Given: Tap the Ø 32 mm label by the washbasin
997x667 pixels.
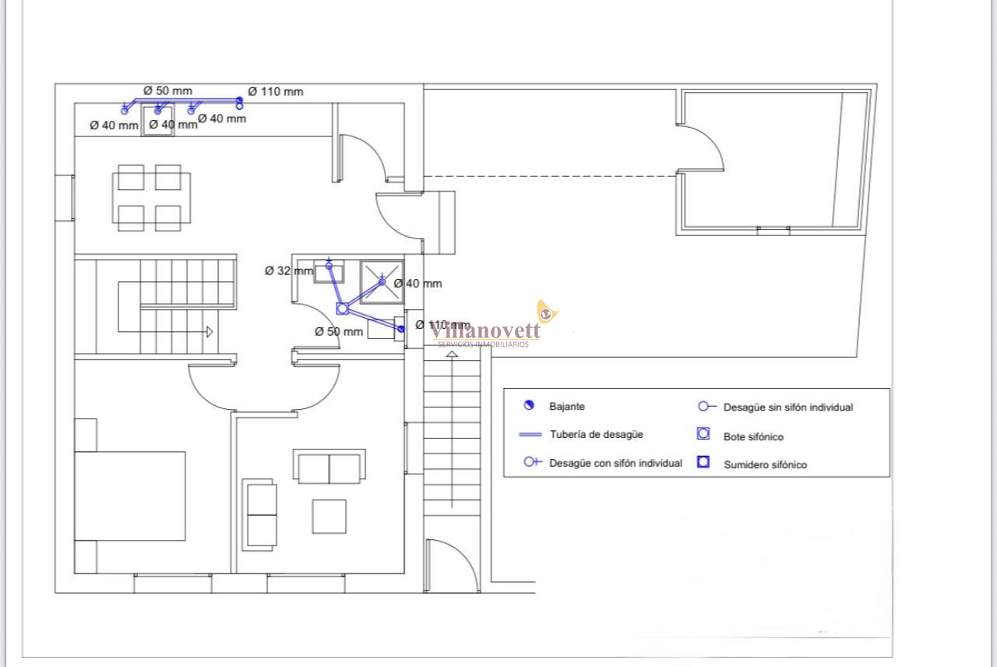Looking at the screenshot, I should [288, 271].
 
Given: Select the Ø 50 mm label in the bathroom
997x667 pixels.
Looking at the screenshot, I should [339, 331].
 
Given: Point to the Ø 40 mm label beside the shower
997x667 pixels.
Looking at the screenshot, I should [417, 284].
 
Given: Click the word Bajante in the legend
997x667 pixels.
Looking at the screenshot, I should [566, 406].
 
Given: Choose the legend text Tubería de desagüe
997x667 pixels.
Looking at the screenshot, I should [597, 434].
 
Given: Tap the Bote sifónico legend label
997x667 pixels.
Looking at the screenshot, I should [753, 436].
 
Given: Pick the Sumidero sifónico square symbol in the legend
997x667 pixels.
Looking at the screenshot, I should [703, 462].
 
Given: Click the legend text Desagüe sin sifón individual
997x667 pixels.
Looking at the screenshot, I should [787, 407].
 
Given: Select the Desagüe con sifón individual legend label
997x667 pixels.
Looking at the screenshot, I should [615, 463].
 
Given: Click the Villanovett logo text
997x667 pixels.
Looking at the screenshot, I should [485, 330].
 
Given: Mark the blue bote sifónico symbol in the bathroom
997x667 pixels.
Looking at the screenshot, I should [342, 309].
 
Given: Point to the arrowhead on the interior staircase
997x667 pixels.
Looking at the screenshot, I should [210, 331].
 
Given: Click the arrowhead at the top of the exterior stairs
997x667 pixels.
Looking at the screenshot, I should [452, 355].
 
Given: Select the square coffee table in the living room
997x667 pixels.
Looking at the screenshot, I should [329, 516].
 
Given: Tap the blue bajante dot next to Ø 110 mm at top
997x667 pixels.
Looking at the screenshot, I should [239, 101].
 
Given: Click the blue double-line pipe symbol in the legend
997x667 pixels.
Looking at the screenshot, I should [530, 434].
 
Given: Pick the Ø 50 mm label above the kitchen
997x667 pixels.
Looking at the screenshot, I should [167, 90].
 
